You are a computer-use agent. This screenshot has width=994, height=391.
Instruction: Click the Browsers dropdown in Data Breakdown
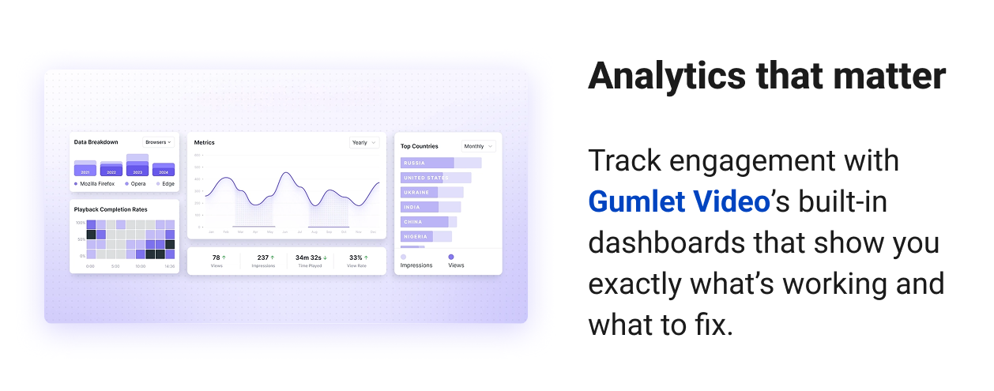click(x=158, y=142)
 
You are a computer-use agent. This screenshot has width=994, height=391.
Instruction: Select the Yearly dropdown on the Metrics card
click(x=363, y=143)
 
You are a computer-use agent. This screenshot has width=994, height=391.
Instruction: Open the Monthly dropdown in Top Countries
click(x=479, y=146)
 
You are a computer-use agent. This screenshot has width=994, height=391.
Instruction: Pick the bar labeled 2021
click(x=85, y=169)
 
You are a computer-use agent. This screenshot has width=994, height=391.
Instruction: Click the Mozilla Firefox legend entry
click(x=94, y=184)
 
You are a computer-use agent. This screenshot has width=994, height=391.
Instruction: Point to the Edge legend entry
click(x=167, y=184)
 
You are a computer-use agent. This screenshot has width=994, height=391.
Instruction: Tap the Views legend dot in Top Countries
click(x=451, y=257)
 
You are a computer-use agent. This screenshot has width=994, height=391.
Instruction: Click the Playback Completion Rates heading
click(x=111, y=209)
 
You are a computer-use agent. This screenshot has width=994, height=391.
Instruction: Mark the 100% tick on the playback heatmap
click(x=81, y=224)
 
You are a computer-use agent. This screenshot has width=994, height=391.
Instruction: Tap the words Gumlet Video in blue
click(x=679, y=202)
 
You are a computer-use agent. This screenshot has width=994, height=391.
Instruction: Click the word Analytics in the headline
click(x=665, y=77)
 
